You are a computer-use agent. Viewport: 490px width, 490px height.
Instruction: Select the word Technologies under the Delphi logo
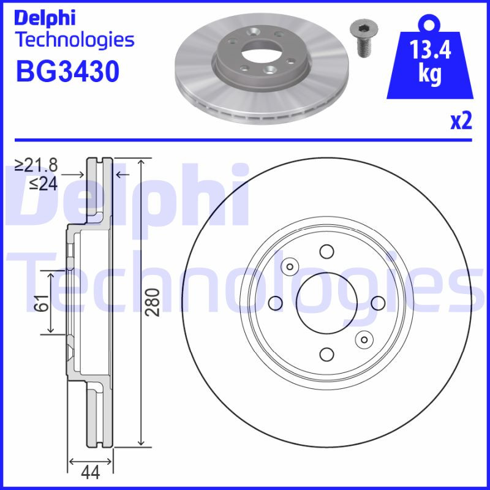click(73, 40)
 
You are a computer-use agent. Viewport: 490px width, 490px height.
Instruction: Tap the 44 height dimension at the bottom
click(91, 472)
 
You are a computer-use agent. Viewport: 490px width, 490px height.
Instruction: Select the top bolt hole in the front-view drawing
click(326, 251)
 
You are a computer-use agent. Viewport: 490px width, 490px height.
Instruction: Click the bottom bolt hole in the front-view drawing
click(326, 354)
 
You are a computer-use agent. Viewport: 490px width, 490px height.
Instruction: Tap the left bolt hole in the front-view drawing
click(275, 303)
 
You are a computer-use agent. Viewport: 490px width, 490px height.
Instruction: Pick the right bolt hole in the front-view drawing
click(378, 303)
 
